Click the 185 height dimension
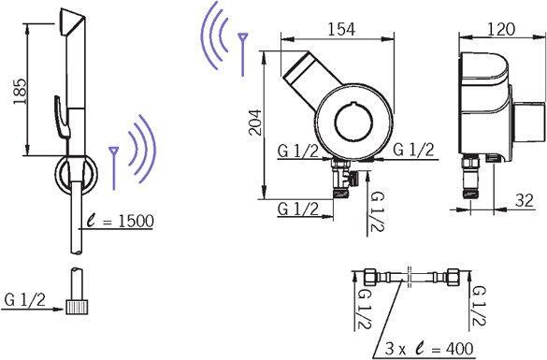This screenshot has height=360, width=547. click(21, 92)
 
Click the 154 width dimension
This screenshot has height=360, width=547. click(341, 29)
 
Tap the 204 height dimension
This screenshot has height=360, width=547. click(255, 122)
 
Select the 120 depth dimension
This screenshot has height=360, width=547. click(500, 29)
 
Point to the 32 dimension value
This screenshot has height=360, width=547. click(525, 201)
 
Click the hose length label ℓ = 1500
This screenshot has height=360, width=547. click(121, 221)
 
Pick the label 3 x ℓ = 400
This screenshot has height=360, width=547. click(429, 348)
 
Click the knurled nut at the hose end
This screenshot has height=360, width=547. click(77, 307)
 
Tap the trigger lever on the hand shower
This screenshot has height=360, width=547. click(62, 117)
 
